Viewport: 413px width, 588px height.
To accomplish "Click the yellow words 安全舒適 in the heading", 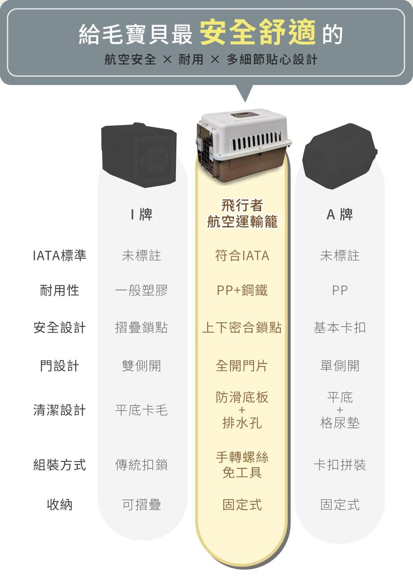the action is click(258, 33).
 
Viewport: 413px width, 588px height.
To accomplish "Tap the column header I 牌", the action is click(141, 215).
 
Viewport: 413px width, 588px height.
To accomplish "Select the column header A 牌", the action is click(339, 215).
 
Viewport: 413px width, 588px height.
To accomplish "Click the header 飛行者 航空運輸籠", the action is click(242, 214).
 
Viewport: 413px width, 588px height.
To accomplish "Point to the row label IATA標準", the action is click(59, 256).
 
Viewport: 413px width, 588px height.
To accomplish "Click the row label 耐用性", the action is click(59, 290).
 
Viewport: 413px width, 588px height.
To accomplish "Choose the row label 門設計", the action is click(59, 366).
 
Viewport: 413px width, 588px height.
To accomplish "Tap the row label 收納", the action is click(59, 504).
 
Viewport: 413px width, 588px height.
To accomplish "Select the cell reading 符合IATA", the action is click(242, 256).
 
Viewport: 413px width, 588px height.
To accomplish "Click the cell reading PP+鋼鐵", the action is click(242, 290).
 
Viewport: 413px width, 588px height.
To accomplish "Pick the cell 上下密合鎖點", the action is click(242, 328).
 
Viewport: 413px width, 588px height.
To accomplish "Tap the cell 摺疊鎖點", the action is click(141, 328).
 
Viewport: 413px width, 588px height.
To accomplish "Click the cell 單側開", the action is click(339, 366).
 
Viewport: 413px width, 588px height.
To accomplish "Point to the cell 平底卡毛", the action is click(141, 410).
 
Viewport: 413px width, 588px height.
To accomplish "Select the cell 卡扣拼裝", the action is click(339, 465).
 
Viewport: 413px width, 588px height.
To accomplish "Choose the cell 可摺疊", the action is click(141, 504).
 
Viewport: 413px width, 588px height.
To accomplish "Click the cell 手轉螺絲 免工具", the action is click(242, 465).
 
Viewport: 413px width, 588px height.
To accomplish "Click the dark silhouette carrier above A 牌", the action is click(339, 155).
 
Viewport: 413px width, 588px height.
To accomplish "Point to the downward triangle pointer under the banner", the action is click(245, 94).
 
